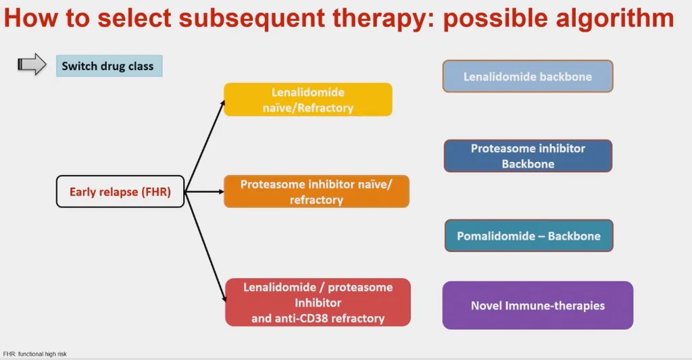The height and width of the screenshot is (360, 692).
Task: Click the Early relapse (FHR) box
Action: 120,192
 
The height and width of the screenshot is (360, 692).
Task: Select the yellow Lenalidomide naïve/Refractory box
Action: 308,99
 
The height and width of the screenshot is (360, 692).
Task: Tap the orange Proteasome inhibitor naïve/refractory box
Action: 316,191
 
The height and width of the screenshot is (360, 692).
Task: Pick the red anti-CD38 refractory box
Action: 318,302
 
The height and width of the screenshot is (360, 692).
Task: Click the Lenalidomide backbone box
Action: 527,76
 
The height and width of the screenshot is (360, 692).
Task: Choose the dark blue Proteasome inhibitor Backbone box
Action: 528,156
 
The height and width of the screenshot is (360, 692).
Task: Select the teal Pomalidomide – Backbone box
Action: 528,236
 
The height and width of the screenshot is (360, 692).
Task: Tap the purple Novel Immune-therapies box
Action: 537,305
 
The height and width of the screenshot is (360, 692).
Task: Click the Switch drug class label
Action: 108,66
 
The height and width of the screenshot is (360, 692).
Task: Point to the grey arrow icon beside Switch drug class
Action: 31,65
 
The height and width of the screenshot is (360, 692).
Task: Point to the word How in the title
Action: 30,18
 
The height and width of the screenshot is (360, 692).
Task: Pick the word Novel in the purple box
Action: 487,305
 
